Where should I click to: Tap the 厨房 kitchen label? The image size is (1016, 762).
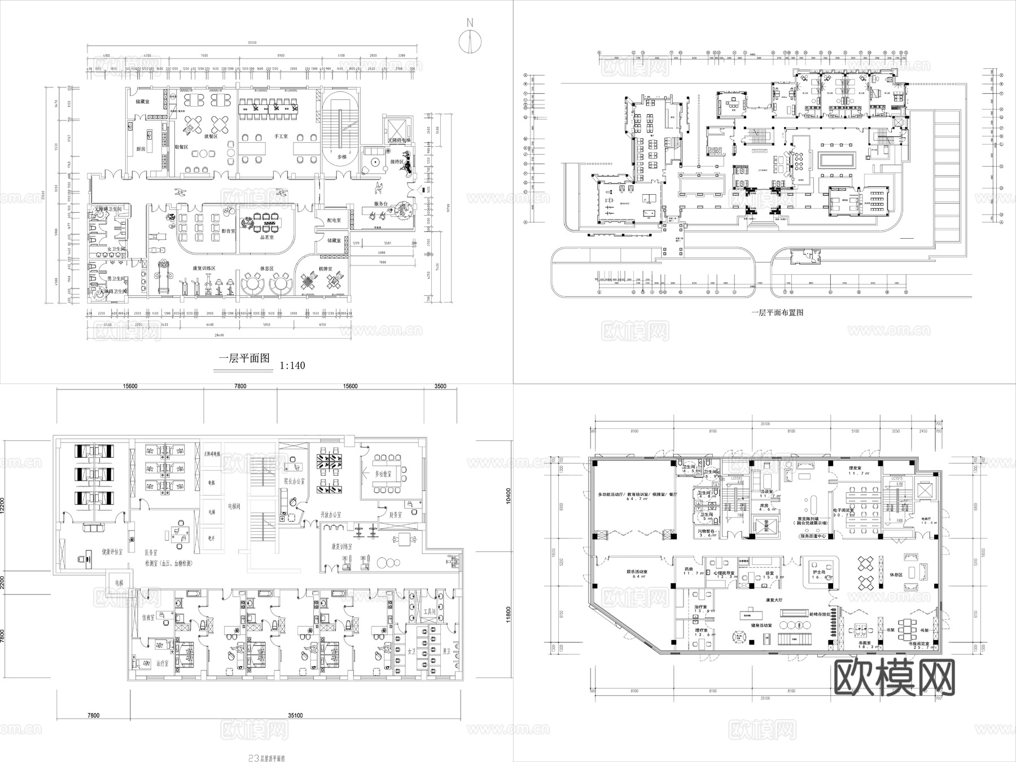pos(142,149)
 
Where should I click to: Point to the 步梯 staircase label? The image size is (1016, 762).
pos(341,156)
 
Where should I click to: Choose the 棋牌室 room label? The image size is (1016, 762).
pos(325,269)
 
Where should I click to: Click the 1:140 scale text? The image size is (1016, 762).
pos(292,366)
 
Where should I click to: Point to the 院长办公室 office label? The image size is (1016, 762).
pos(295,481)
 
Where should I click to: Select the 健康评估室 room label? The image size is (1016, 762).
pos(113,551)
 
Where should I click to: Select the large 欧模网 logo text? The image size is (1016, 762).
pos(894,677)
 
